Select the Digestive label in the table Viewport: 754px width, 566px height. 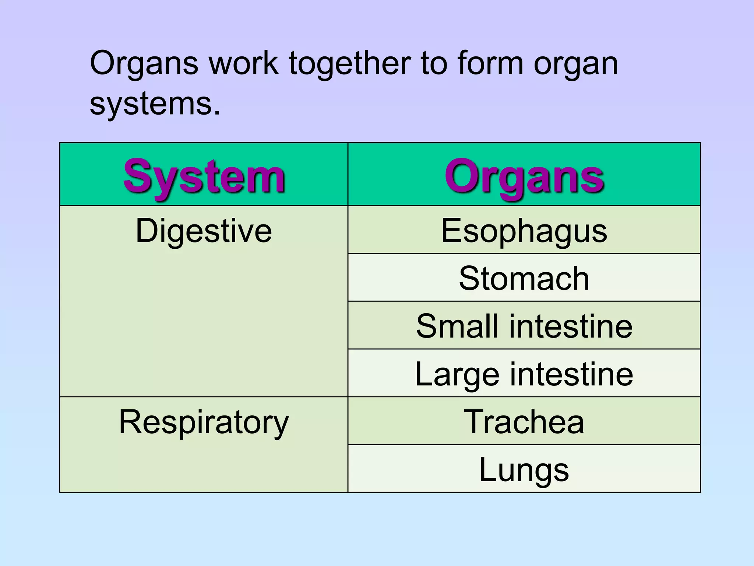pyautogui.click(x=204, y=231)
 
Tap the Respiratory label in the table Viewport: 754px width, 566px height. pyautogui.click(x=204, y=422)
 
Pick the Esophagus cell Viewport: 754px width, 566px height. pyautogui.click(x=524, y=231)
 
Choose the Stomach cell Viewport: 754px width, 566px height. pyautogui.click(x=524, y=279)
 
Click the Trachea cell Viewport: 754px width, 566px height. pyautogui.click(x=524, y=422)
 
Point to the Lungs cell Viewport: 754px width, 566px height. pyautogui.click(x=524, y=470)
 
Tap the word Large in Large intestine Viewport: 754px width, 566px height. pyautogui.click(x=457, y=374)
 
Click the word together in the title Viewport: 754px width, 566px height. pyautogui.click(x=349, y=63)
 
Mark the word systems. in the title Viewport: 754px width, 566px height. pyautogui.click(x=155, y=104)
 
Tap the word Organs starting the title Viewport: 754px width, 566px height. pyautogui.click(x=144, y=63)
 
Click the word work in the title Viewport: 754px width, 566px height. pyautogui.click(x=243, y=63)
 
